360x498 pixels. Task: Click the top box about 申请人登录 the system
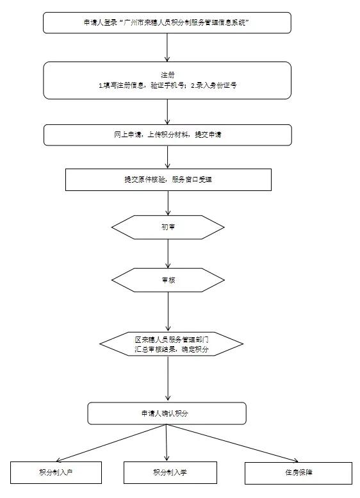(167, 22)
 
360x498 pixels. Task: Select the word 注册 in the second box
(167, 74)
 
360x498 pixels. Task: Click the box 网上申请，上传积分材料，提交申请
(167, 135)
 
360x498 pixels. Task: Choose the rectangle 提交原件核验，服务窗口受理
(168, 179)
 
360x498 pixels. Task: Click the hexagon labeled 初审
(168, 227)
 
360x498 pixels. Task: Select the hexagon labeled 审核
(168, 280)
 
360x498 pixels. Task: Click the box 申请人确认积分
(167, 413)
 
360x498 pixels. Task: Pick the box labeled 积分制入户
(56, 472)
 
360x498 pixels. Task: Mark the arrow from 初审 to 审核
(168, 254)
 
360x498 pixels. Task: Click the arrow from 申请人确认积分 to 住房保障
(237, 444)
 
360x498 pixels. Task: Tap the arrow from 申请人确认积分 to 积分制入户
(109, 444)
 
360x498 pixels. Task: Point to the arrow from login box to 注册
(167, 47)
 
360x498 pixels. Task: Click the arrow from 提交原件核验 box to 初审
(168, 203)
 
